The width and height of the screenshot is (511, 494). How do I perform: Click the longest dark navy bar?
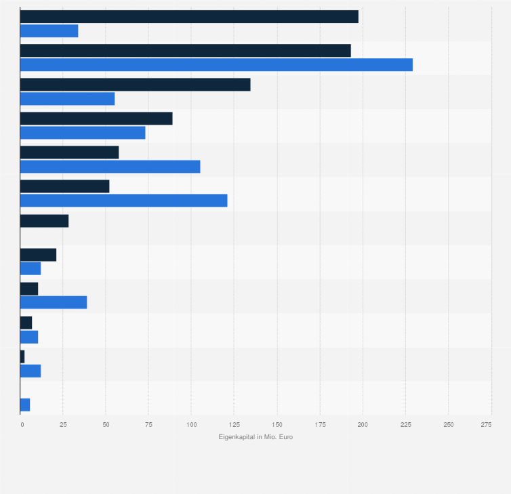pos(189,17)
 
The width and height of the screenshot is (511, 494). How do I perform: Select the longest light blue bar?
pos(216,65)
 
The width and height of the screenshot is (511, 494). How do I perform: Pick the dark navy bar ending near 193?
pos(185,51)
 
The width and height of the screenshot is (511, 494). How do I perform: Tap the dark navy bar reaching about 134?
pos(135,85)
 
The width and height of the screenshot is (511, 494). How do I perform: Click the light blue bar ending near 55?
pos(67,99)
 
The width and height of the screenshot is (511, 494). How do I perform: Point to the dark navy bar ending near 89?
pos(96,119)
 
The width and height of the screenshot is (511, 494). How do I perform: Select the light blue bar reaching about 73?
pos(83,133)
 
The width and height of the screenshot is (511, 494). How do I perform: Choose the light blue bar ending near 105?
pos(110,167)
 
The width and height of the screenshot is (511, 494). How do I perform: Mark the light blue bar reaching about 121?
pos(123,201)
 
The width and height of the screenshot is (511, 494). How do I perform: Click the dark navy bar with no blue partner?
pos(44,221)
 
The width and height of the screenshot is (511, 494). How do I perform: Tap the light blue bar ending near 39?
pos(54,303)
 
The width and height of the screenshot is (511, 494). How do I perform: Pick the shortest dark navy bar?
pos(22,357)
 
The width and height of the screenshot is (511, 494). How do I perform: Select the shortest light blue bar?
pos(25,405)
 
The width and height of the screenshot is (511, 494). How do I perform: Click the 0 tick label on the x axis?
pos(22,424)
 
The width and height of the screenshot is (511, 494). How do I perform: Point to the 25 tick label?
pos(63,424)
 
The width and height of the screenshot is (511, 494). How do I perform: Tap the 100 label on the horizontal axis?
pos(191,424)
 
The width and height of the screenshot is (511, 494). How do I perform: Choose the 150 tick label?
pos(277,424)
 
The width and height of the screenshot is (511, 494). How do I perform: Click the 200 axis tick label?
pos(363,424)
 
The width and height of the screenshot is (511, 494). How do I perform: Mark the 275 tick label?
pos(486,424)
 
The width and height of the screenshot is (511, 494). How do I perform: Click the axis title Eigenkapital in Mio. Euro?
pos(255,437)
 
